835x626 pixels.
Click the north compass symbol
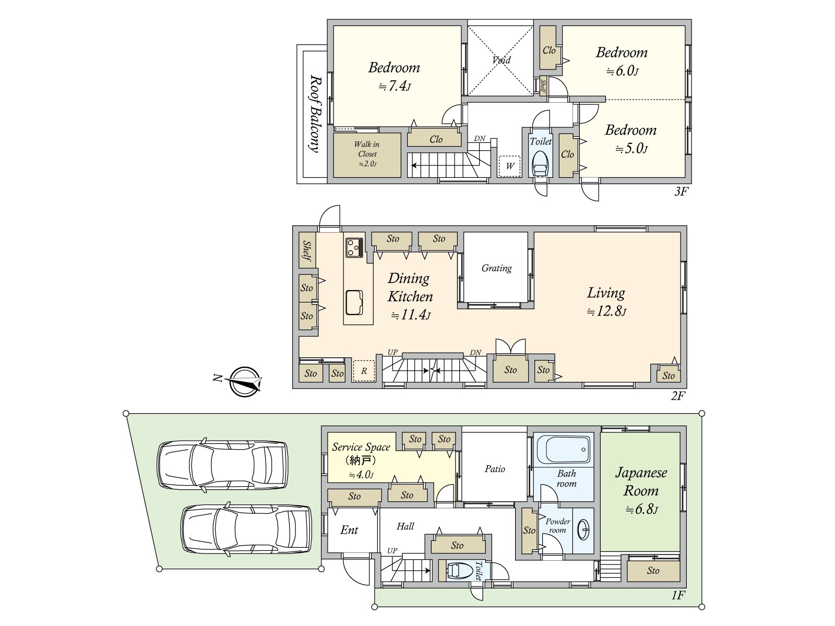pyautogui.click(x=244, y=381)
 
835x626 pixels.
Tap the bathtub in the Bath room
pyautogui.click(x=563, y=449)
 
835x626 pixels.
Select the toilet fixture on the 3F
pyautogui.click(x=540, y=163)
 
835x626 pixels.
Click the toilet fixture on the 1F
pyautogui.click(x=458, y=570)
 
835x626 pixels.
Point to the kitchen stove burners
pyautogui.click(x=354, y=247)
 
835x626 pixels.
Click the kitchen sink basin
pyautogui.click(x=354, y=302)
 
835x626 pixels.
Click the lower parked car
pyautogui.click(x=246, y=529)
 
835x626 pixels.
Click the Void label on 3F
pyautogui.click(x=501, y=60)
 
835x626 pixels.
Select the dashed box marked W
pyautogui.click(x=509, y=166)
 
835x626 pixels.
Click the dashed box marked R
pyautogui.click(x=364, y=370)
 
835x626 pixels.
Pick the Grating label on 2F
pyautogui.click(x=496, y=268)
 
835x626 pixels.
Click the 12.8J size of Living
pyautogui.click(x=607, y=311)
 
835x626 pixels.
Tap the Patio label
pyautogui.click(x=495, y=469)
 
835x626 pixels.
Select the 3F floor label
pyautogui.click(x=682, y=191)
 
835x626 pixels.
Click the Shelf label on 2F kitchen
pyautogui.click(x=307, y=251)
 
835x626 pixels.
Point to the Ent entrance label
pyautogui.click(x=349, y=530)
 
